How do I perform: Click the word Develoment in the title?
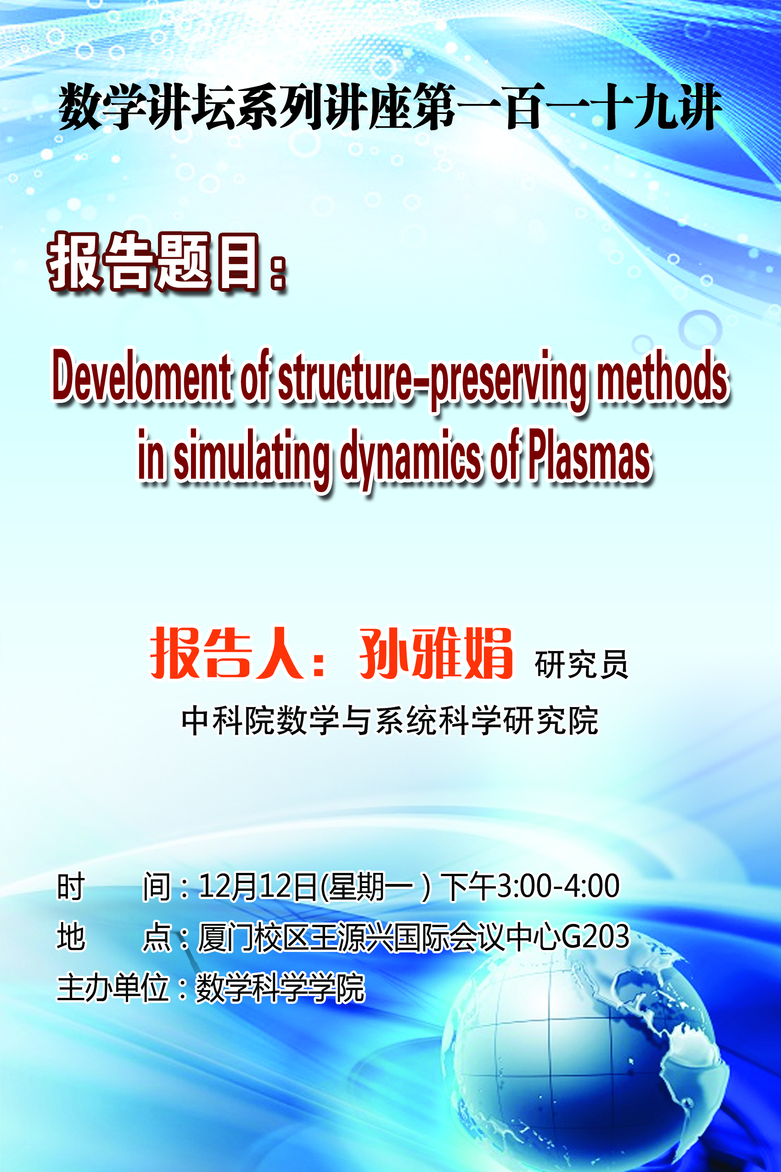(x=142, y=376)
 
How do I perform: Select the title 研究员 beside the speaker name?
(x=581, y=664)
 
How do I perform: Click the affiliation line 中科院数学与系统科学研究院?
(x=390, y=720)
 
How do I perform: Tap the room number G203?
(x=596, y=936)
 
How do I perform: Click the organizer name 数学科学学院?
(x=281, y=988)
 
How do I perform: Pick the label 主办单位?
(x=112, y=988)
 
